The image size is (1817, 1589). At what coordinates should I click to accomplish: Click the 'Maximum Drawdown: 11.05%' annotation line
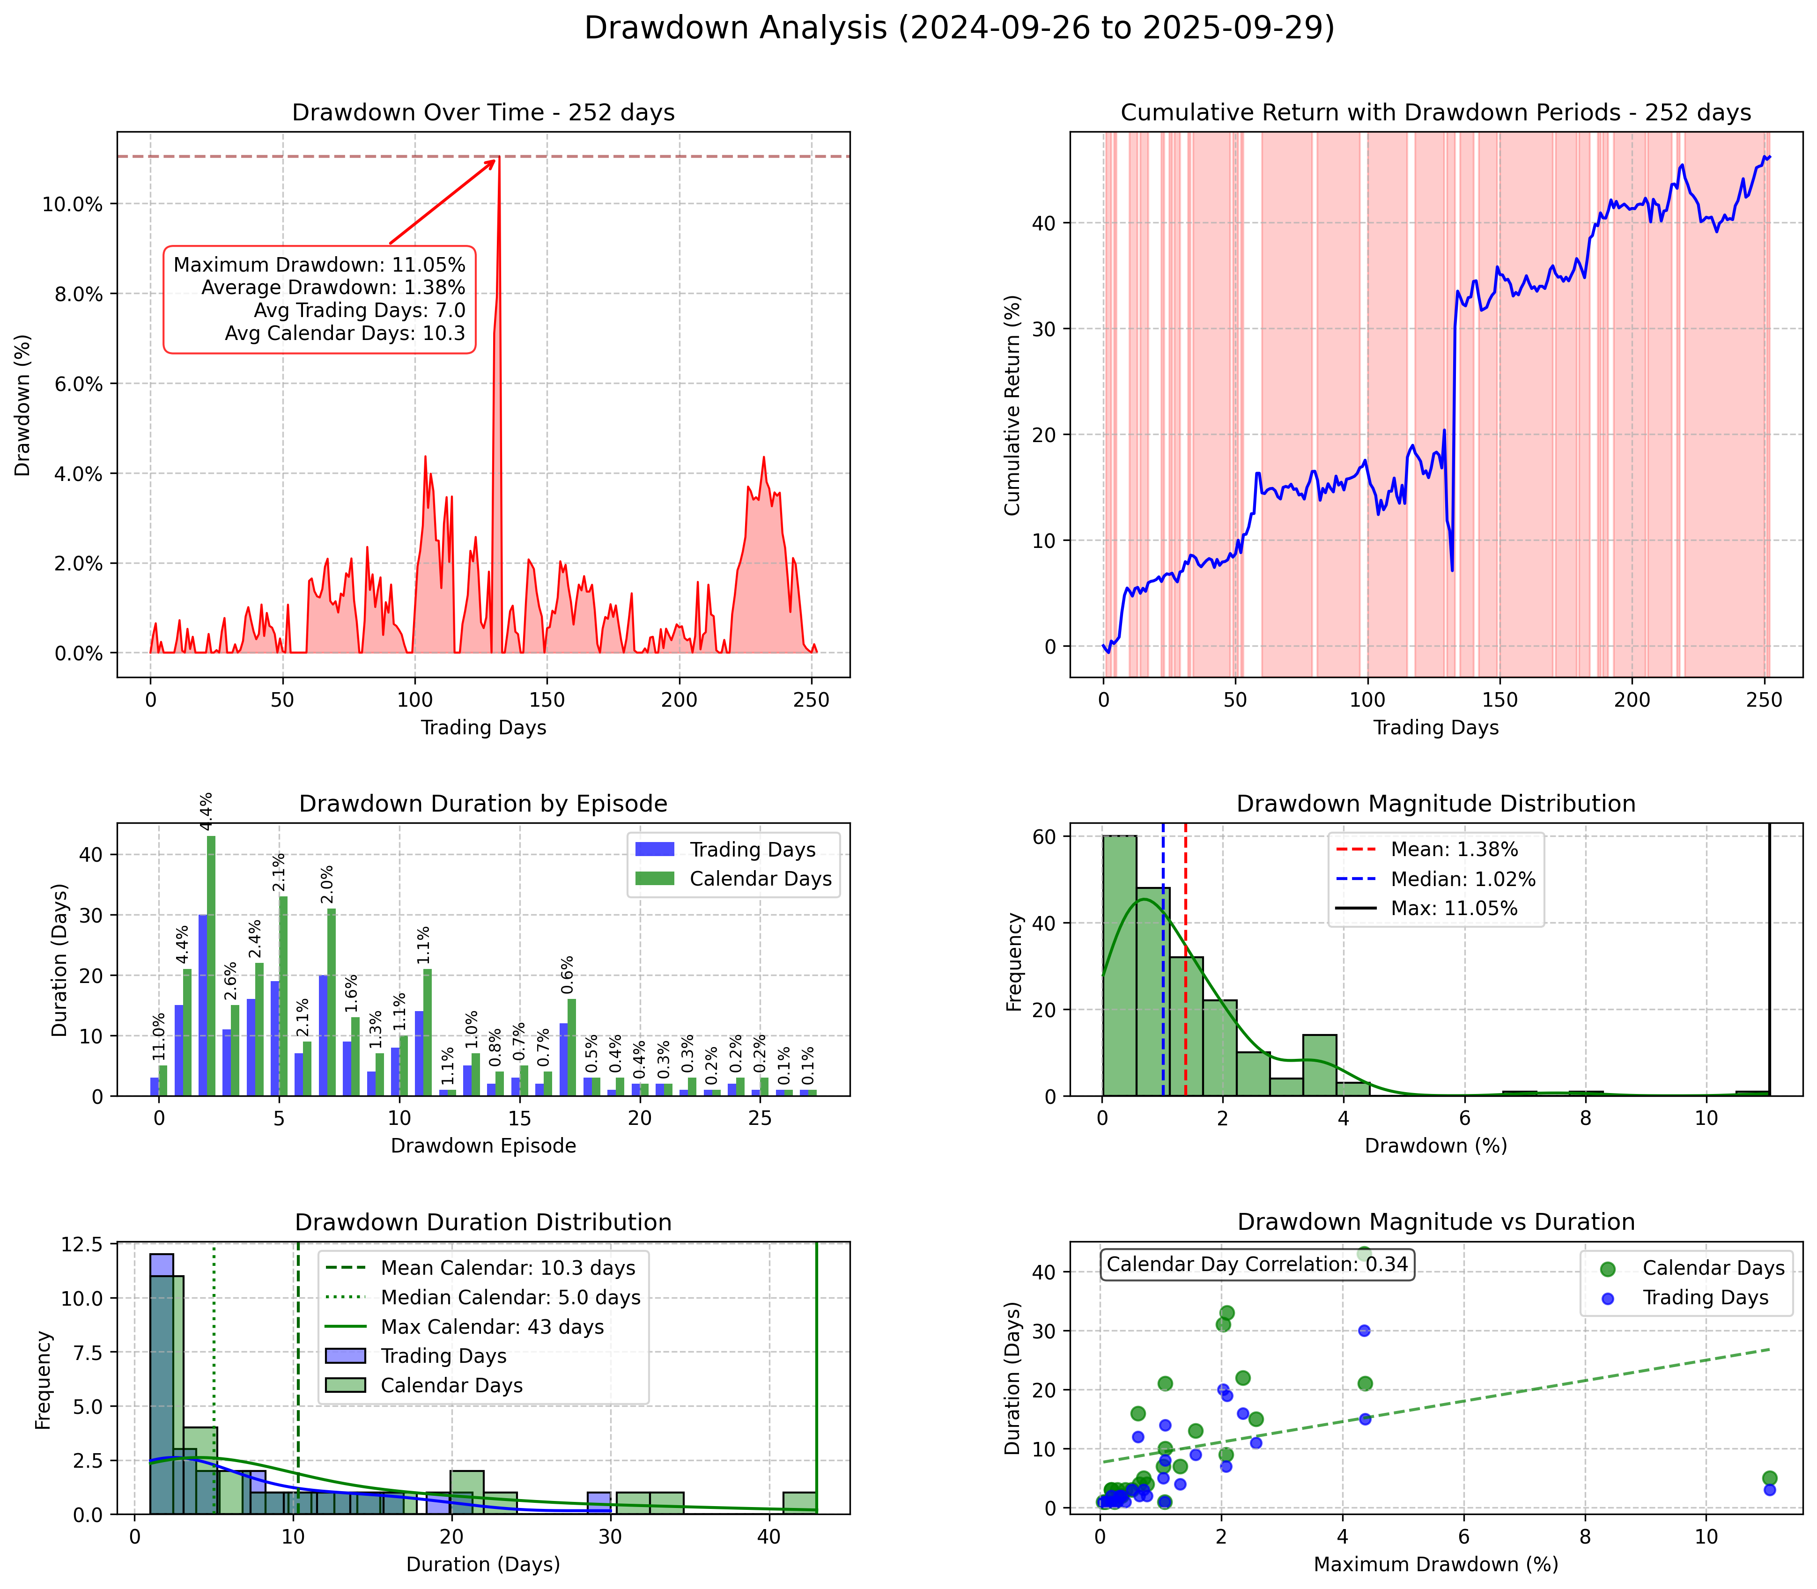click(319, 264)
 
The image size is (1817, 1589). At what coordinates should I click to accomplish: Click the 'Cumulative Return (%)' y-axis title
click(1012, 405)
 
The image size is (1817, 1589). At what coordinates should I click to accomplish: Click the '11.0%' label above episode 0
click(159, 1036)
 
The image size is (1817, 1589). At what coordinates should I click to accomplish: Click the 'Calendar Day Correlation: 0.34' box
click(1256, 1264)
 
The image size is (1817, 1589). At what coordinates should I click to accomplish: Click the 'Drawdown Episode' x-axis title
click(483, 1146)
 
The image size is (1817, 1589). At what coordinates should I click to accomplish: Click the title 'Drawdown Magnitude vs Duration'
click(1436, 1222)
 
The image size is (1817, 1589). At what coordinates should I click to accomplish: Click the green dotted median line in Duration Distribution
click(214, 1383)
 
